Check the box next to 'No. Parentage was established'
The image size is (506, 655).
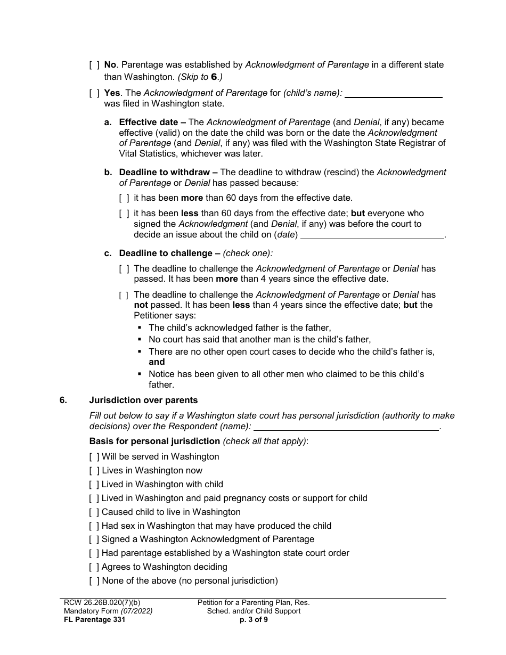click(x=94, y=65)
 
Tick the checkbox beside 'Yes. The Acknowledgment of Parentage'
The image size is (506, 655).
click(x=94, y=93)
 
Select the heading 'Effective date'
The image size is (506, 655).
click(x=149, y=122)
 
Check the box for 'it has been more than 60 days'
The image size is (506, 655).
click(x=124, y=198)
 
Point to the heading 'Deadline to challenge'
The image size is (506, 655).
click(x=166, y=253)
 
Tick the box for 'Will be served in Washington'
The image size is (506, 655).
click(x=94, y=457)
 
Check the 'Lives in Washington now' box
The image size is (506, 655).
click(x=94, y=471)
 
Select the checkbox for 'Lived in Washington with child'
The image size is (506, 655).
click(x=94, y=485)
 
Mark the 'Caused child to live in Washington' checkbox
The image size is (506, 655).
click(x=94, y=512)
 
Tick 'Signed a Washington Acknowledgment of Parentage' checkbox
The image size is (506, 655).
click(x=94, y=539)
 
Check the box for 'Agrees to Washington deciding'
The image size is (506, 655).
click(x=94, y=567)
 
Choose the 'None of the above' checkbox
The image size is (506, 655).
click(x=94, y=581)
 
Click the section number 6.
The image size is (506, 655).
click(x=63, y=400)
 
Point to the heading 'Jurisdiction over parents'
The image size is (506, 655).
click(x=143, y=400)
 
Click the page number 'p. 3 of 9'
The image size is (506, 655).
click(x=254, y=619)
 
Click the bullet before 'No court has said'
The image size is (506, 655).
click(x=140, y=339)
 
